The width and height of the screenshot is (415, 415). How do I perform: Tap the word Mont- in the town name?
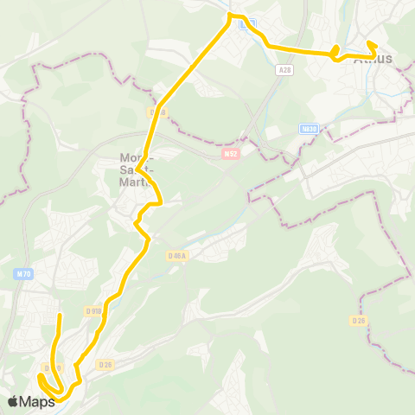point(131,158)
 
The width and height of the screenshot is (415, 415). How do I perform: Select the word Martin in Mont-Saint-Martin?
point(137,182)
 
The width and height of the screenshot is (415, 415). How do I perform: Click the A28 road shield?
point(285,69)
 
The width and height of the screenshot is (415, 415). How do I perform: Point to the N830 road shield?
point(309,128)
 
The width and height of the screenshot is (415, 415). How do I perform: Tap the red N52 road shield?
point(229,154)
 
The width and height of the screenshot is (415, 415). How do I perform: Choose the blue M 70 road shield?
point(23,274)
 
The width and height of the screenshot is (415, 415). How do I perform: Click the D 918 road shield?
point(93,310)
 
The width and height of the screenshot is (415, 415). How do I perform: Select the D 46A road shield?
point(176,255)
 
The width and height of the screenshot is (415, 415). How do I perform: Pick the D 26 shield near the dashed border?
point(359,320)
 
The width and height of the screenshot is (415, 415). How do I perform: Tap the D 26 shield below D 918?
point(105,364)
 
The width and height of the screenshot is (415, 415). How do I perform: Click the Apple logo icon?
point(13,401)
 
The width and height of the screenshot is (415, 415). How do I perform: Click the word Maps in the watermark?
point(38,401)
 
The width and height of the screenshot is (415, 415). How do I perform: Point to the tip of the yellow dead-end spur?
point(59,317)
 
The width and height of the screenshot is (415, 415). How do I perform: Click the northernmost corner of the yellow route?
point(230,15)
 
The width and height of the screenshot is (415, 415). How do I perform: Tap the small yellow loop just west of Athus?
point(335,51)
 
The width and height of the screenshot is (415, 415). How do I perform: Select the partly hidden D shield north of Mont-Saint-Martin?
point(156,112)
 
